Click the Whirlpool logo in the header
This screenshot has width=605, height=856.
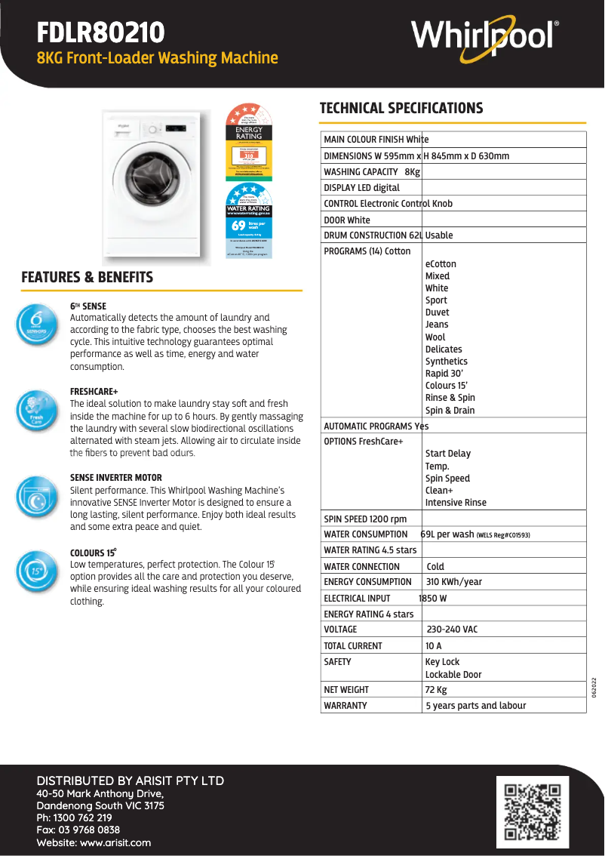coord(485,35)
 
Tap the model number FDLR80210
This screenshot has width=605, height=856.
coord(101,32)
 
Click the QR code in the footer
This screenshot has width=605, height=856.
coord(533,811)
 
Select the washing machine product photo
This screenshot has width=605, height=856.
coord(157,186)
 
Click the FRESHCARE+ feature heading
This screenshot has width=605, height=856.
coord(94,392)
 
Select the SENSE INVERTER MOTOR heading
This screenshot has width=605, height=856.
coord(115,478)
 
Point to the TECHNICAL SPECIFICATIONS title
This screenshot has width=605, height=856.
coord(401,108)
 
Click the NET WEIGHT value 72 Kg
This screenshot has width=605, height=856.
coord(436,690)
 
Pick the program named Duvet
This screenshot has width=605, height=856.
coord(437,313)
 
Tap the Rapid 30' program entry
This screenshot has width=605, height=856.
coord(444,374)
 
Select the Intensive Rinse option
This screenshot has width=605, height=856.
coord(456,503)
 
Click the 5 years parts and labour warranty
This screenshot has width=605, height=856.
coord(476,706)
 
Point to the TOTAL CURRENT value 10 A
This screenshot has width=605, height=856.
coord(434,646)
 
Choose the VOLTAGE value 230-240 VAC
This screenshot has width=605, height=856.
coord(452,630)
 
